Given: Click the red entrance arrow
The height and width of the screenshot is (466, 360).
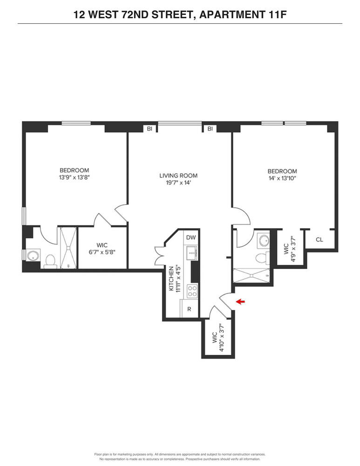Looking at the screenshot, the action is [240, 302].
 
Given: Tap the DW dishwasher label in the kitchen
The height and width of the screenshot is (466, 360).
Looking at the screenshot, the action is [191, 238].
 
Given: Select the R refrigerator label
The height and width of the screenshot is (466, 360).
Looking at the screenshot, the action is [189, 309].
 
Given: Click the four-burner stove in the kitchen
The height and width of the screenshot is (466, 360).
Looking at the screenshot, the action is [192, 291].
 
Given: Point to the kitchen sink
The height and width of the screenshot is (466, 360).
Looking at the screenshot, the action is [191, 253].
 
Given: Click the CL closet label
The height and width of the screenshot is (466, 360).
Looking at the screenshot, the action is [319, 240].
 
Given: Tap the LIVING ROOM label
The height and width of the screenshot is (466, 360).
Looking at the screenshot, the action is [178, 176].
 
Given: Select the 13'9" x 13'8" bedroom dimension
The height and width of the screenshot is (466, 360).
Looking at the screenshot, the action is [74, 178].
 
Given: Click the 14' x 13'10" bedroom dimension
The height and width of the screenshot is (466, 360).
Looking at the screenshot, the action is [282, 178].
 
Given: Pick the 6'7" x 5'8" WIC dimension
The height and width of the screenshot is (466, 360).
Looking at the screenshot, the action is [102, 252].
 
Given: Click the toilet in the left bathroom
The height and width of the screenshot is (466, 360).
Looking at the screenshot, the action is [50, 261].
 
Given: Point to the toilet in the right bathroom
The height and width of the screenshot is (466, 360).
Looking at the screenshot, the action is [262, 258].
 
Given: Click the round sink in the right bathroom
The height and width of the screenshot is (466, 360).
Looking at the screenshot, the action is [264, 241].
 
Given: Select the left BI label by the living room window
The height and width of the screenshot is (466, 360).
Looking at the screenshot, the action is [149, 129].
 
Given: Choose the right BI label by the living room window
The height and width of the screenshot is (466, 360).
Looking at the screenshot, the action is [211, 129].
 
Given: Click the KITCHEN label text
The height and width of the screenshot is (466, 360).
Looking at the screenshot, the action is [171, 279].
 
